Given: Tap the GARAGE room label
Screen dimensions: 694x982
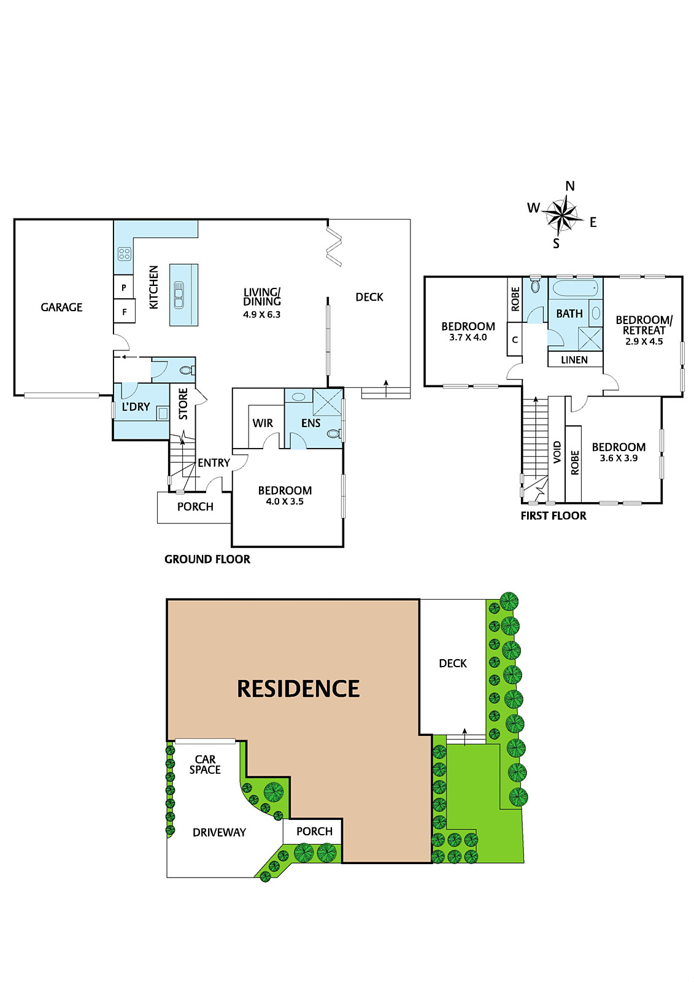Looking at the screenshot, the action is [61, 307].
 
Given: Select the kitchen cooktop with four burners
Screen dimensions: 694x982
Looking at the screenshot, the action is [125, 254].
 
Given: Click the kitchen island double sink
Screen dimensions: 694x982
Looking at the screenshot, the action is [179, 295].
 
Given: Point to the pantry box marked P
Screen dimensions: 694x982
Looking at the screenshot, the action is [124, 288].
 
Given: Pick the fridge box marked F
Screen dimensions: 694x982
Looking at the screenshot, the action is [124, 312].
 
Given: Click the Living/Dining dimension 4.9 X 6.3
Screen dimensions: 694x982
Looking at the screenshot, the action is [262, 314].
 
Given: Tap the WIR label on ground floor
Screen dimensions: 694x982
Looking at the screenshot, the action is [263, 423].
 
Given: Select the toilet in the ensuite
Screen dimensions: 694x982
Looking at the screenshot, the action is [334, 434].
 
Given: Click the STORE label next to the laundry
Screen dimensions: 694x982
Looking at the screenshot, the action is [183, 404].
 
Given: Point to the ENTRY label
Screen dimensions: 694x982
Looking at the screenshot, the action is [214, 463].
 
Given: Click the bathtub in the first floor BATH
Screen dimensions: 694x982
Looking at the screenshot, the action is [575, 289].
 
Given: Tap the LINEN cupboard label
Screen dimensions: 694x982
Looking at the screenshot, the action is [574, 360].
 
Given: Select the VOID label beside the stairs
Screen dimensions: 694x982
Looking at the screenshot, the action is [557, 452].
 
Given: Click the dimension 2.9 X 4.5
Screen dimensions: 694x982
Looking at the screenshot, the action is [644, 341].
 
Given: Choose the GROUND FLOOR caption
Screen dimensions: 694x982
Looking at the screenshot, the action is [207, 559].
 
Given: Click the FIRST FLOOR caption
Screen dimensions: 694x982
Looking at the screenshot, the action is [553, 516].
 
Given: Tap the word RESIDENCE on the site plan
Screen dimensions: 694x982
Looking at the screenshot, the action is [298, 688].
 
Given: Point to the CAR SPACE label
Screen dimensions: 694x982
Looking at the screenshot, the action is [205, 764].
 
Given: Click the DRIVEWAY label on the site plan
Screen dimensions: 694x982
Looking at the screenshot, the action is [219, 832].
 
